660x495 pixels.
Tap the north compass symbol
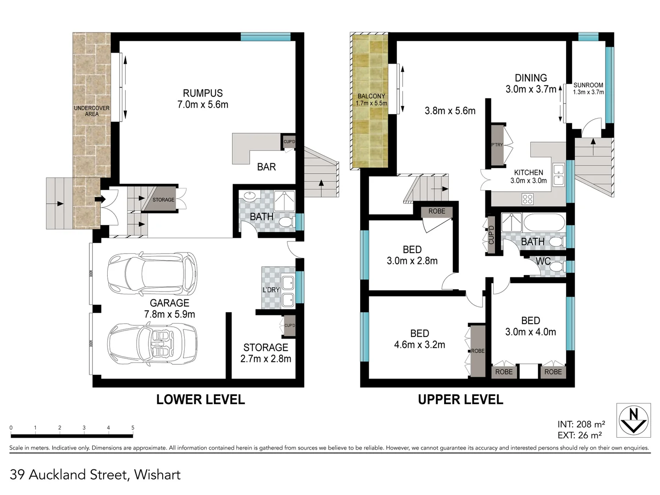(633, 420)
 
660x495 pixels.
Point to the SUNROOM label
(588, 85)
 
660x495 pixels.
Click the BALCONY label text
(371, 96)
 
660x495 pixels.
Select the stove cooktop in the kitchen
(528, 198)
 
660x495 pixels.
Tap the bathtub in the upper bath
(544, 223)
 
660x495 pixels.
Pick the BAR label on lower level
(266, 167)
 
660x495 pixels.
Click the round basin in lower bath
(250, 197)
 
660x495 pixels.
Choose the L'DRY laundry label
(271, 290)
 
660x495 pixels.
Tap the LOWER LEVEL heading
(200, 399)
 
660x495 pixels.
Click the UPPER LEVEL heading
(460, 399)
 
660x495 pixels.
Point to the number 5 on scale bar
(133, 428)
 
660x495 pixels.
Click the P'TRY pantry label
(497, 145)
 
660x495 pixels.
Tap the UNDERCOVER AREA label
(92, 111)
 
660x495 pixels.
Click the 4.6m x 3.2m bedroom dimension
(419, 345)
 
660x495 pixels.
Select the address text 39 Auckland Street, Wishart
(95, 474)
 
